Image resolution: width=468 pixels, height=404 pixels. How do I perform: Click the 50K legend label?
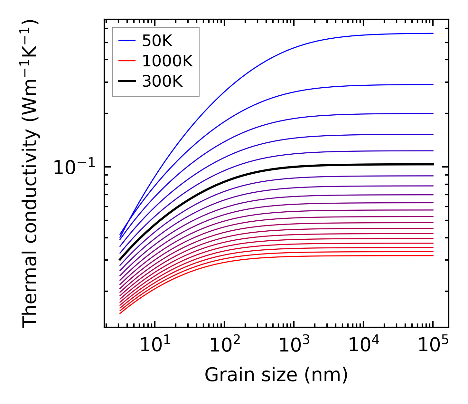coord(157,41)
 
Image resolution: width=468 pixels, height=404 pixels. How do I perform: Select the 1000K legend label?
coord(167,61)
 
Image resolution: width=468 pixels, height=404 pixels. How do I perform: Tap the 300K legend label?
coord(162,82)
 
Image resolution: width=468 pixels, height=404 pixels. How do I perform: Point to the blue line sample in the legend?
coord(127,41)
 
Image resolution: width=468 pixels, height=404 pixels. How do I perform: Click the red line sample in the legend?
coord(127,61)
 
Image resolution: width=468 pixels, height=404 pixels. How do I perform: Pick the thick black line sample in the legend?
coord(127,82)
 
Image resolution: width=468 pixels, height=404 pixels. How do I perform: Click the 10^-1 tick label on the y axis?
coord(74,168)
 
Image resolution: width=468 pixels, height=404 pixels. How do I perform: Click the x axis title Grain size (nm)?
coord(276,375)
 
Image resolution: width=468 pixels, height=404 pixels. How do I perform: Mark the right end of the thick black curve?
coord(433,164)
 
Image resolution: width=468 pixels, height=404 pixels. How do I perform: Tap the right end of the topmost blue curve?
coord(433,33)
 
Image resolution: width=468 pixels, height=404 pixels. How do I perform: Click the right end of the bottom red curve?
coord(433,255)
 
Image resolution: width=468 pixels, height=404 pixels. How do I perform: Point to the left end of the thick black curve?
coord(120,259)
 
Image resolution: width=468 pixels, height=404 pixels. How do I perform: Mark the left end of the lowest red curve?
coord(120,313)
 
